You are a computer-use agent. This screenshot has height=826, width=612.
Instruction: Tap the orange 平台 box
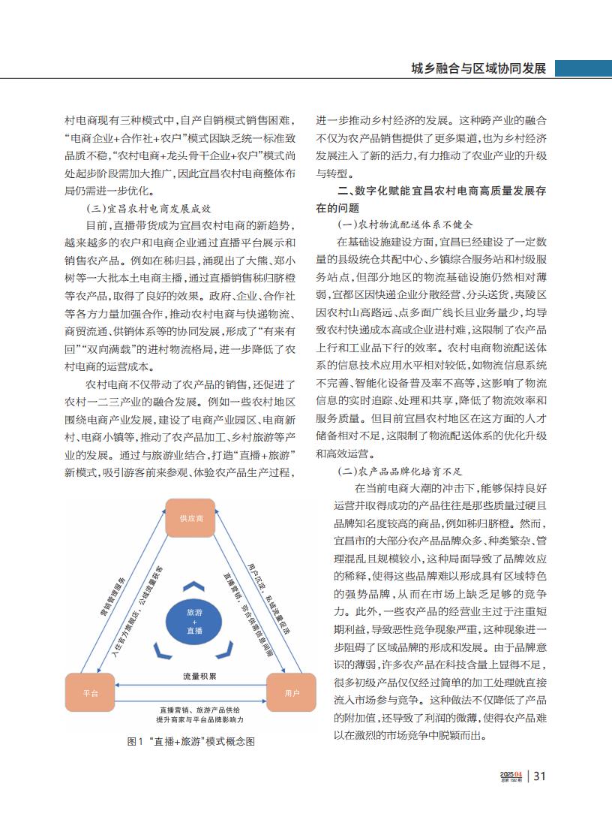pos(90,693)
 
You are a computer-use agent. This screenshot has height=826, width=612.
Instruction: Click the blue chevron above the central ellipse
pos(194,586)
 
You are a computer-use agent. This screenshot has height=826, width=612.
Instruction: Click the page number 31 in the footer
pos(540,776)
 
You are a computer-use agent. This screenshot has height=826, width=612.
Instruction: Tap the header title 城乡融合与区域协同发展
pos(478,68)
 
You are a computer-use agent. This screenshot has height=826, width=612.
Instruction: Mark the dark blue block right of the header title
pos(583,68)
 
